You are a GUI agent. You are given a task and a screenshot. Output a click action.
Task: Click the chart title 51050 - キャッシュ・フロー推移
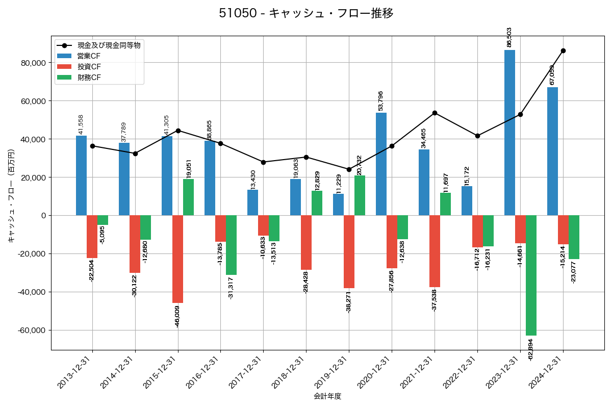[x=306, y=13]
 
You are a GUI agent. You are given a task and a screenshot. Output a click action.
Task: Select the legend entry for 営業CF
[x=89, y=56]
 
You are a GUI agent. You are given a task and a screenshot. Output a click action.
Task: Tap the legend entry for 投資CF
[x=89, y=67]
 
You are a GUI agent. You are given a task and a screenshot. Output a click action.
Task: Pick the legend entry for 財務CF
[x=89, y=78]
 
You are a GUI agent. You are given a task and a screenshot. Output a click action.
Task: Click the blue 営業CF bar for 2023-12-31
[x=509, y=133]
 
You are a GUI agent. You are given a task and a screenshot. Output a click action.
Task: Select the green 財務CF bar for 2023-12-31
[x=531, y=275]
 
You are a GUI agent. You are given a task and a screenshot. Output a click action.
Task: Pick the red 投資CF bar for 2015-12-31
[x=177, y=259]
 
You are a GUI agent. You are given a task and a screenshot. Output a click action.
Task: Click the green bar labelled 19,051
[x=188, y=197]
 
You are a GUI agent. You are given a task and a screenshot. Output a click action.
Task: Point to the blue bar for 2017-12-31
[x=252, y=202]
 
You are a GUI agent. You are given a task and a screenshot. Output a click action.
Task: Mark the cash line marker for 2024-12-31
[x=563, y=50]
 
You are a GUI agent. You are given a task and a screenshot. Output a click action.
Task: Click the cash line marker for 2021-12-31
[x=435, y=113]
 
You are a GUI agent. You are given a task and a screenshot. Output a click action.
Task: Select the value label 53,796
[x=380, y=101]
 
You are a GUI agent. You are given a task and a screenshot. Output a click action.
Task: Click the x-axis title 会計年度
[x=327, y=396]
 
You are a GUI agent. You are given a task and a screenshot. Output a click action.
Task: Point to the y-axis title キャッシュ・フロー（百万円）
[x=11, y=196]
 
